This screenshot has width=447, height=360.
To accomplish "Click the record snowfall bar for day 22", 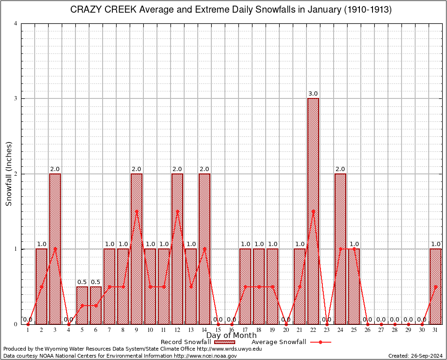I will [x=313, y=211].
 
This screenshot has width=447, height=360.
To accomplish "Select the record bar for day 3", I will [x=55, y=248].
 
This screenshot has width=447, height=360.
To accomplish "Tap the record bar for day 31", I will [x=436, y=286].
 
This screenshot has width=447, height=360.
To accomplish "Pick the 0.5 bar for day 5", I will [x=82, y=305].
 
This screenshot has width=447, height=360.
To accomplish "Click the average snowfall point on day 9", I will [x=136, y=211].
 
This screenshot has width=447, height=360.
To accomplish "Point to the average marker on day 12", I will [x=177, y=211].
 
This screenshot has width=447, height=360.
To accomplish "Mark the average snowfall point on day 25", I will [x=354, y=249].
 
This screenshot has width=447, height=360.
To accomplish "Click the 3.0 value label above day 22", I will [x=313, y=94].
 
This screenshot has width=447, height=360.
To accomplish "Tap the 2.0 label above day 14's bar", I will [x=204, y=169].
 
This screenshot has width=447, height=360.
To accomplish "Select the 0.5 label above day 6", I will [x=96, y=282].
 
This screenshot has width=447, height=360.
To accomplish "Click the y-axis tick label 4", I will [x=16, y=23].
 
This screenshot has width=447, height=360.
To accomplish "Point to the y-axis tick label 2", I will [x=16, y=174].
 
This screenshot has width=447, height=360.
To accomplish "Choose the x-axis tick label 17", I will [x=245, y=330].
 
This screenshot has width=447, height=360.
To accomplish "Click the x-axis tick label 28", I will [x=395, y=330].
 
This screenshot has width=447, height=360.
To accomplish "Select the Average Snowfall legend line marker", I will [x=320, y=342].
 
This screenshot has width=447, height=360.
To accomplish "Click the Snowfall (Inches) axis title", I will [x=9, y=174].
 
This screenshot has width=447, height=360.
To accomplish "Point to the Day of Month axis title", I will [x=231, y=336].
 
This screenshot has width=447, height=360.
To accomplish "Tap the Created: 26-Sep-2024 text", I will [x=416, y=356].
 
